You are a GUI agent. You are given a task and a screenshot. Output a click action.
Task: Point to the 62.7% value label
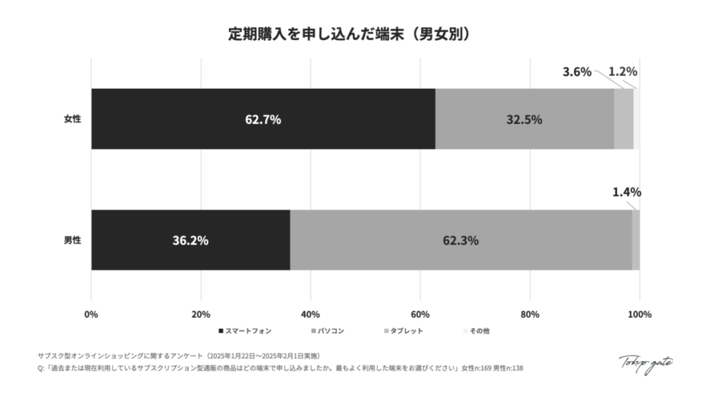[263, 119]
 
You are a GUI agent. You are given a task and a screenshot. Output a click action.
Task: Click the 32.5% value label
[524, 119]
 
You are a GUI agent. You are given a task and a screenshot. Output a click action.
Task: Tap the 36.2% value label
[190, 241]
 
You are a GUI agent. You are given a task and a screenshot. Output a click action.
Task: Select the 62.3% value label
[461, 241]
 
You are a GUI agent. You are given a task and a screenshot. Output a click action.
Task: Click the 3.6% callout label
[577, 72]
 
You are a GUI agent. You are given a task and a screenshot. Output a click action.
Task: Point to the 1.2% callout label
[623, 72]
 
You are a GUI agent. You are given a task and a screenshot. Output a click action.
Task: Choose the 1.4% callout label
[627, 192]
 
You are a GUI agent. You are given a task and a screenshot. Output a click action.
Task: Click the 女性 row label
[72, 119]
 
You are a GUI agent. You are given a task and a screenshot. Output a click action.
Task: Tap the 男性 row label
[72, 241]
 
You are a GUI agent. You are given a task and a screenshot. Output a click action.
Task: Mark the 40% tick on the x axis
[310, 315]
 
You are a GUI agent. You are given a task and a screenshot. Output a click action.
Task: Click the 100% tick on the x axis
[639, 315]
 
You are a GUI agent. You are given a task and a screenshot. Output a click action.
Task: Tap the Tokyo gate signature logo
[645, 363]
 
